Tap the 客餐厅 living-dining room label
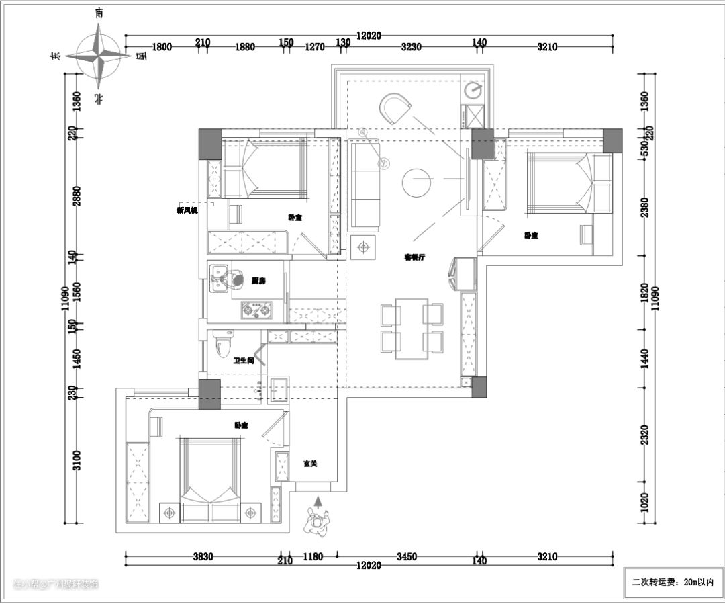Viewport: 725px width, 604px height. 414,257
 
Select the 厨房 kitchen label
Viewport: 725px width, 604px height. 258,281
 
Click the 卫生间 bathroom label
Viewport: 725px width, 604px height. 243,361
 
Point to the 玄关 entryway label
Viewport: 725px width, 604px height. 310,464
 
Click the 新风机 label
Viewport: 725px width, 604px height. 187,210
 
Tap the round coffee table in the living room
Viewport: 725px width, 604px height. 416,182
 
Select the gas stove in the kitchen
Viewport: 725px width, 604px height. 258,310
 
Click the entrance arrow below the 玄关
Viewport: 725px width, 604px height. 318,501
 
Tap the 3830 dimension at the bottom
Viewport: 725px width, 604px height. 203,556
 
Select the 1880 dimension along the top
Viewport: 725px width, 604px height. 245,47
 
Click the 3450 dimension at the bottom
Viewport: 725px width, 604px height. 407,556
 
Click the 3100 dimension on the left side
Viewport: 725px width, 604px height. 77,460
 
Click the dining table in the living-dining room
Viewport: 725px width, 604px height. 412,329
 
